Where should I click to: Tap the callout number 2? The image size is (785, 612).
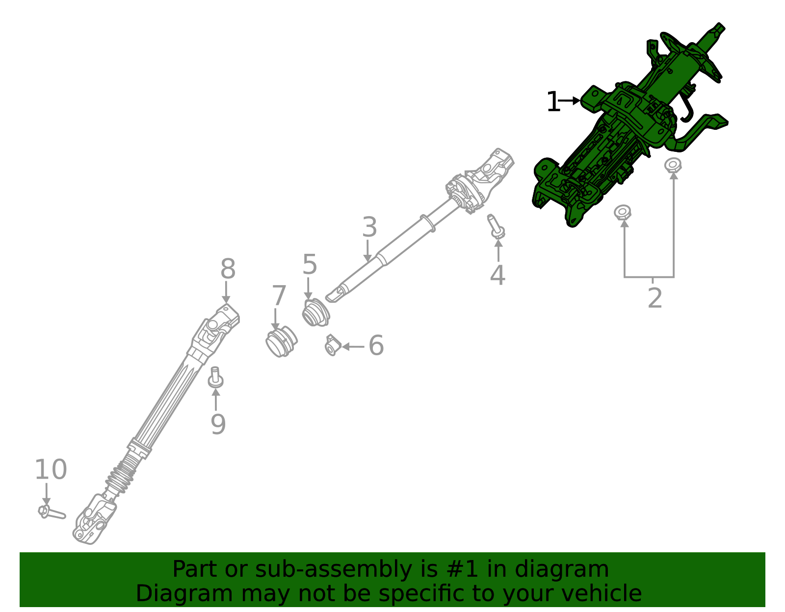pos(654,298)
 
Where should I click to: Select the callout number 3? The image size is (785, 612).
pos(369,227)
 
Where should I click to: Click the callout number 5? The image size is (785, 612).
pos(310,265)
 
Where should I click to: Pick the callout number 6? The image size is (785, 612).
pos(376,345)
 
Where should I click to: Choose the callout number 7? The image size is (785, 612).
pos(279,296)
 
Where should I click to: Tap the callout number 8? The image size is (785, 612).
pos(228,269)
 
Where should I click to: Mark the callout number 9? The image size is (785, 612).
pos(218,424)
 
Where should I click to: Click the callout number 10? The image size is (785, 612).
pos(51,470)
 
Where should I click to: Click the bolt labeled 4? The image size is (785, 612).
pos(496,226)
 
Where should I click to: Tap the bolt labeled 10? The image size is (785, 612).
pos(50,512)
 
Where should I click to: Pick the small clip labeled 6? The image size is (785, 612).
pos(333,345)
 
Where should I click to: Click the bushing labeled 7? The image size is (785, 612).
pos(281,342)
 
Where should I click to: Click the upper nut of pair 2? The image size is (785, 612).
pos(673,165)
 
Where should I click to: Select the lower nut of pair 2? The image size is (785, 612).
pos(623,213)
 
